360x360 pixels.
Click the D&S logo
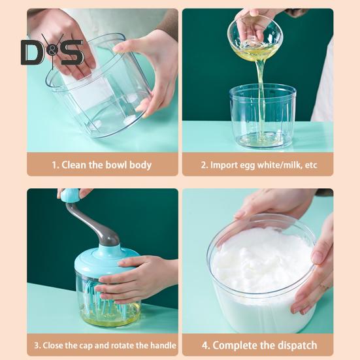click(52, 52)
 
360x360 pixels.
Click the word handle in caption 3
click(165, 346)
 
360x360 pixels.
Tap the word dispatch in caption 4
click(297, 346)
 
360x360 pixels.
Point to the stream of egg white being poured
click(260, 99)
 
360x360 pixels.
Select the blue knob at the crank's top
click(70, 195)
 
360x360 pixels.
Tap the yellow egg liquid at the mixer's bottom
click(108, 319)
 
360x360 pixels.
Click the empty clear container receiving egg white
click(263, 116)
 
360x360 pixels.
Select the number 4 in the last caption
click(205, 346)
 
